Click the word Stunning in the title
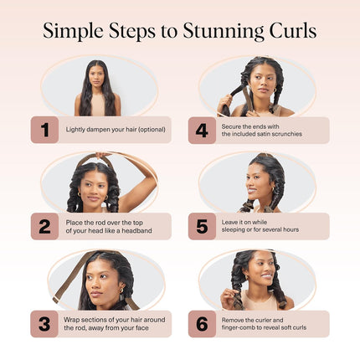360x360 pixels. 227,33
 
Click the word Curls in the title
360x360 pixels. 292,33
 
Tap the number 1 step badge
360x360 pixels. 44,130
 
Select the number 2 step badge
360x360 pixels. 44,226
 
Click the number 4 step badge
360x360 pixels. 202,130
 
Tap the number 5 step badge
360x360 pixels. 202,226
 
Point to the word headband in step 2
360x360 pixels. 136,231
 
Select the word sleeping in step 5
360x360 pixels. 235,231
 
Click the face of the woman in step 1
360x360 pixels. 98,76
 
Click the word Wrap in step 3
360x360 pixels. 72,319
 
